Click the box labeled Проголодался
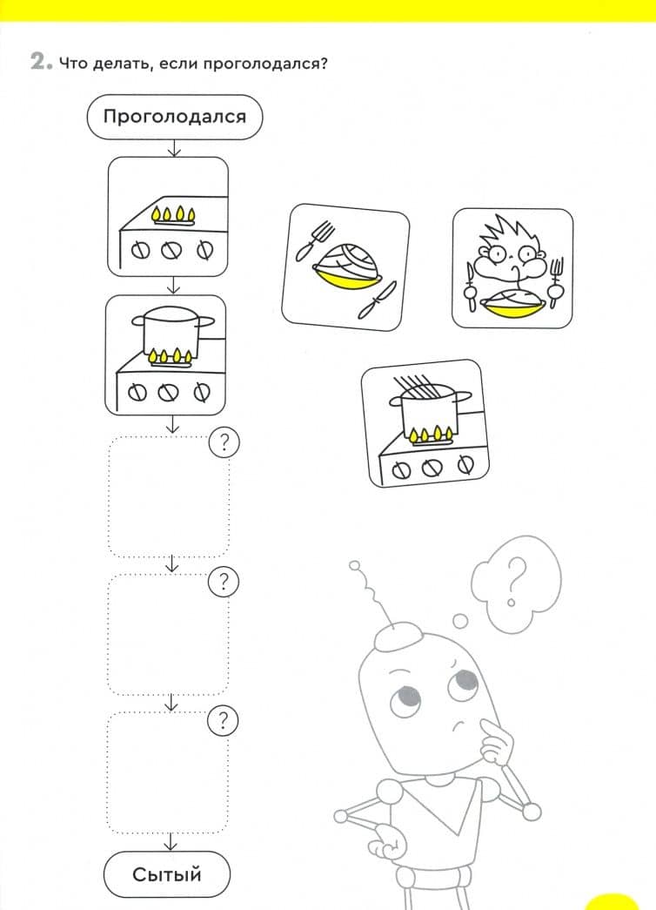point(175,117)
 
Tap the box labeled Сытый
point(167,874)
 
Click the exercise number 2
point(38,62)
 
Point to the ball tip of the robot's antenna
point(354,564)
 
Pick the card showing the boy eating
point(512,268)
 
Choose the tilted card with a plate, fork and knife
point(345,267)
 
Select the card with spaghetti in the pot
point(425,423)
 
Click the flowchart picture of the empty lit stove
point(168,217)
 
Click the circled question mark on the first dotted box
point(224,443)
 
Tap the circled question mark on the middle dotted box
point(224,582)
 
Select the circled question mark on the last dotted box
point(223,721)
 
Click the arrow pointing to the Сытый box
point(170,841)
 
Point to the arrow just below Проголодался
point(173,148)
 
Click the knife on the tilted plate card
point(377,300)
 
